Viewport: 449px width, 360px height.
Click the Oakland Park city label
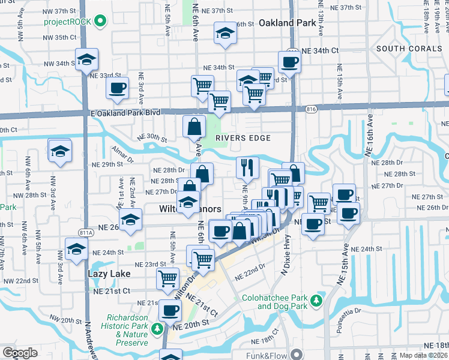[x=287, y=23]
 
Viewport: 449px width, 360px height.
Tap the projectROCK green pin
[x=101, y=23]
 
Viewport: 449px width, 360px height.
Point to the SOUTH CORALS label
[x=408, y=48]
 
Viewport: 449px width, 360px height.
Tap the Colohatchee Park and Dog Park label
[x=274, y=302]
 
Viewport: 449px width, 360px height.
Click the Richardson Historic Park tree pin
[x=157, y=328]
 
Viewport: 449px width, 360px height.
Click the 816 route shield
[x=310, y=109]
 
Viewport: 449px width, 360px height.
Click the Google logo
[x=20, y=353]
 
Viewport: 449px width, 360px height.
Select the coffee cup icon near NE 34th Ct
[x=289, y=61]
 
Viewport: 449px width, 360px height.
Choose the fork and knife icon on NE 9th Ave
[x=247, y=167]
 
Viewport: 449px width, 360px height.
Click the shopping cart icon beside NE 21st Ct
[x=167, y=278]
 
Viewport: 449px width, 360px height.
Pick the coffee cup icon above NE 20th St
[x=170, y=311]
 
